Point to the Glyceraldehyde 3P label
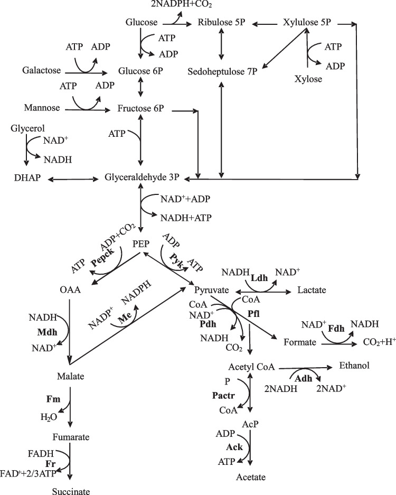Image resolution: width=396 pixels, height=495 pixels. pyautogui.click(x=142, y=180)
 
